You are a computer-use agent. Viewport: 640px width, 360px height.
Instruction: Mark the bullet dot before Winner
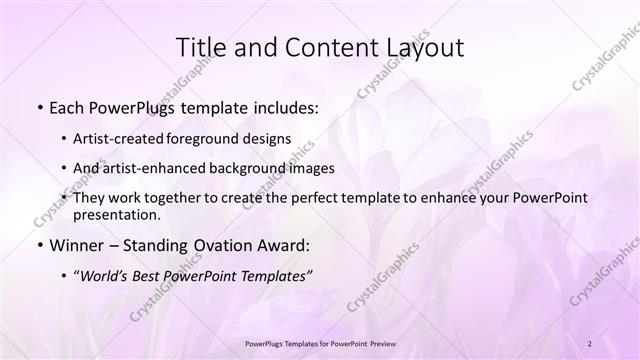[x=39, y=244]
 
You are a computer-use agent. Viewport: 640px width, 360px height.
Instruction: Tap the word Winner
[x=76, y=244]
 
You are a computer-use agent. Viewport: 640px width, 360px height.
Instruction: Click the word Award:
[x=284, y=244]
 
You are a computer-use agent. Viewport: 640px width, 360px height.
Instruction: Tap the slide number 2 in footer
[x=591, y=343]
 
